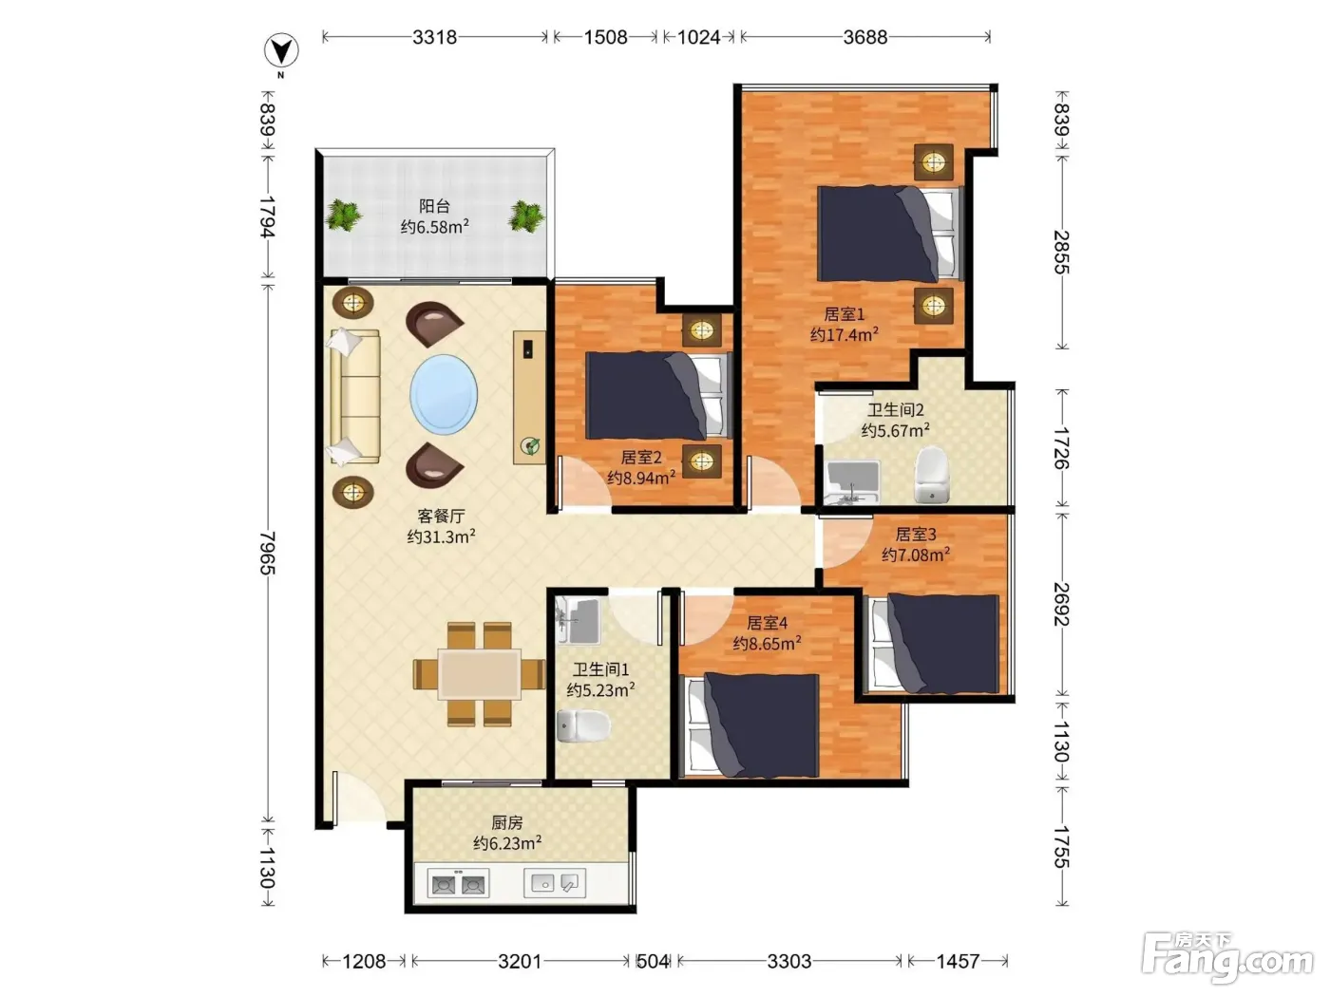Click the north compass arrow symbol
click(x=280, y=51)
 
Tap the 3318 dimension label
click(x=434, y=38)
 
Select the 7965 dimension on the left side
click(x=267, y=552)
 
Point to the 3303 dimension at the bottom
click(x=788, y=960)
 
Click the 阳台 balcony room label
click(x=434, y=206)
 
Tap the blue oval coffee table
click(x=444, y=394)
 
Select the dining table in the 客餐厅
click(x=480, y=674)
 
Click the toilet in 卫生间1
click(x=582, y=725)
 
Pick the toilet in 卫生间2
click(x=931, y=474)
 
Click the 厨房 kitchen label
click(x=506, y=822)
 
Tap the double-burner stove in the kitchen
click(x=458, y=884)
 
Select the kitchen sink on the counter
click(x=555, y=883)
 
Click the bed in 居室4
click(x=752, y=725)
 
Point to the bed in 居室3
click(x=934, y=644)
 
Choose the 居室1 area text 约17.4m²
click(x=844, y=334)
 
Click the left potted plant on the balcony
click(x=344, y=215)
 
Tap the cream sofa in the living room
click(x=354, y=397)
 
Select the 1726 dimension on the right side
click(x=1061, y=448)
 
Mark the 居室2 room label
click(x=641, y=457)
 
